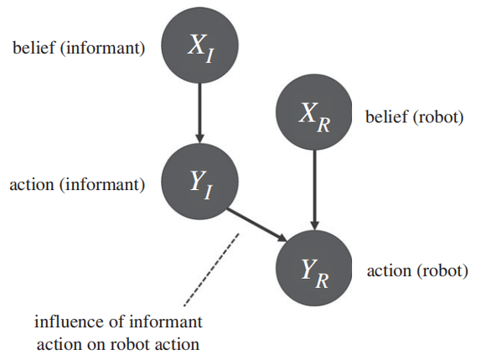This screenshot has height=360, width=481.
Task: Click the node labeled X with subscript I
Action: click(200, 45)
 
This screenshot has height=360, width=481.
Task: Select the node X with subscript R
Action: click(313, 112)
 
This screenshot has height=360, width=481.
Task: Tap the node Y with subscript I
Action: click(200, 182)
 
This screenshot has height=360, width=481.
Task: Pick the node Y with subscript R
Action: click(313, 268)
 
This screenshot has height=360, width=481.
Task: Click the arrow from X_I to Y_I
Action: click(200, 113)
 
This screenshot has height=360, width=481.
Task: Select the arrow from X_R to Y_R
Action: click(314, 190)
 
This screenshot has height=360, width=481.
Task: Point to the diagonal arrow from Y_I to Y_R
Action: click(256, 225)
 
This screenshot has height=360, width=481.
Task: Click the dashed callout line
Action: click(211, 270)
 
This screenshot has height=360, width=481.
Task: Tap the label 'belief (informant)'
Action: click(79, 48)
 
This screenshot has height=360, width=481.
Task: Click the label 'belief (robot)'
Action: click(415, 116)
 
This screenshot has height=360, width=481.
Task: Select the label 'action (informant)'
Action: click(77, 185)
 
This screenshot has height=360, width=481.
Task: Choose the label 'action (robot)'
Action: click(417, 271)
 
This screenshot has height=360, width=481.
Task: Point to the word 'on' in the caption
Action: click(96, 345)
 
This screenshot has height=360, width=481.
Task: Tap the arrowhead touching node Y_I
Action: click(200, 138)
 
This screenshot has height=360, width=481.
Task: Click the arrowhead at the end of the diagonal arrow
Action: click(282, 238)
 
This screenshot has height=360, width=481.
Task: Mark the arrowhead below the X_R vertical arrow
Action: click(314, 225)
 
